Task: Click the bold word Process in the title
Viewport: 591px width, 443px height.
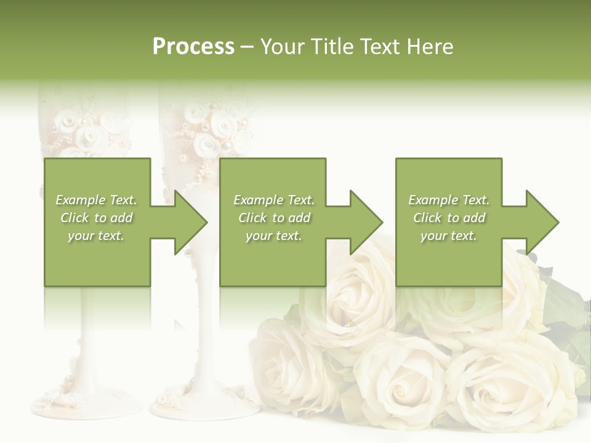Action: (x=193, y=47)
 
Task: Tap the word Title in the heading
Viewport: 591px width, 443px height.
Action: (x=332, y=47)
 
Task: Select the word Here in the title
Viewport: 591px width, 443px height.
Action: (x=430, y=47)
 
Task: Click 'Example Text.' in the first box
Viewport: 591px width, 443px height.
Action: (x=97, y=200)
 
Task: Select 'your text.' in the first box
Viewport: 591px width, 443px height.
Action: (x=97, y=235)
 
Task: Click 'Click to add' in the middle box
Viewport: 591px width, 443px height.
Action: (x=274, y=218)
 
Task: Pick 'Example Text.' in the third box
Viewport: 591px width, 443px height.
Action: (x=449, y=200)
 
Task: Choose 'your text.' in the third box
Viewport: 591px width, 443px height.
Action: (x=449, y=235)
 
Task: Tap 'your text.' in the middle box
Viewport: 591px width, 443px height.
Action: (x=274, y=235)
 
